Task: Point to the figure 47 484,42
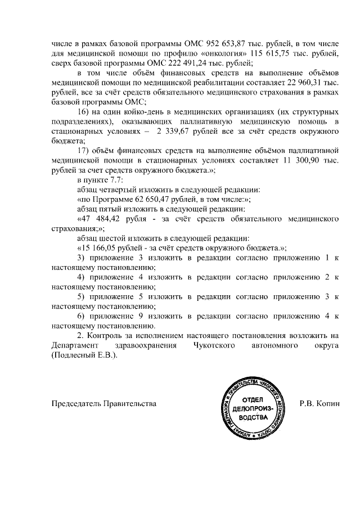pyautogui.click(x=100, y=219)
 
